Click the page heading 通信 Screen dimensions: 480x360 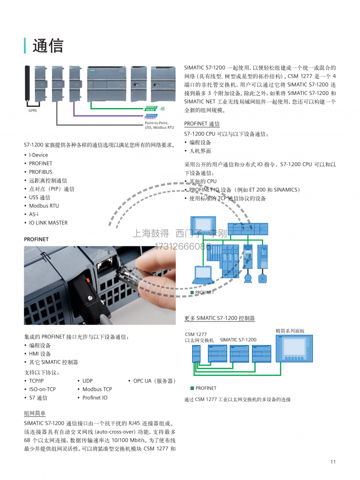click(48, 45)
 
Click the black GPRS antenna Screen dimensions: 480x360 click(27, 85)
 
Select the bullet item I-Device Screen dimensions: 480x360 click(39, 155)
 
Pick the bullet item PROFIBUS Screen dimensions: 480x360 click(40, 172)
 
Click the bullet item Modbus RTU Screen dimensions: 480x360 click(44, 206)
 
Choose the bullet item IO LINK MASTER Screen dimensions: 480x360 click(48, 222)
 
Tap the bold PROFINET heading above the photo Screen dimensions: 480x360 click(36, 239)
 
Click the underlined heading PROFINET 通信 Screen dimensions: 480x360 click(202, 124)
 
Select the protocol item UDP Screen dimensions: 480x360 click(87, 380)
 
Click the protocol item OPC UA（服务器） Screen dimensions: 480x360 click(154, 380)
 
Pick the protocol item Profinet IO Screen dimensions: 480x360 click(95, 398)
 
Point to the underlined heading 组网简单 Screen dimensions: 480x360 click(35, 413)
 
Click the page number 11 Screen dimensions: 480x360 click(333, 462)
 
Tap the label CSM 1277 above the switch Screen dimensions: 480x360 click(196, 334)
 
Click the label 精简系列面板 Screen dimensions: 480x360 click(290, 331)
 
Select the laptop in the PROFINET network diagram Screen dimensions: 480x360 click(203, 274)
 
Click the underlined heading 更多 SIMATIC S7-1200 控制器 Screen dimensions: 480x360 click(219, 318)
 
